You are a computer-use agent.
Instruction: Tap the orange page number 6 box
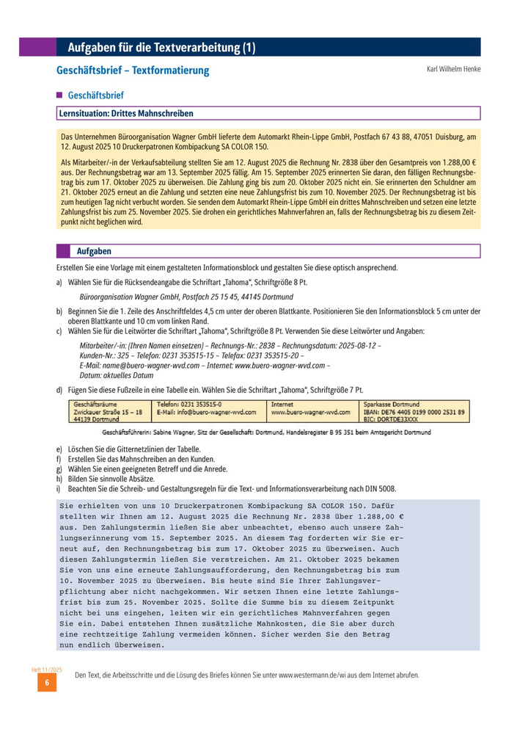click(47, 683)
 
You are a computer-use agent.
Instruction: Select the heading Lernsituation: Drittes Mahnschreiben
click(125, 113)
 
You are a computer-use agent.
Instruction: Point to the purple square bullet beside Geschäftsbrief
click(59, 95)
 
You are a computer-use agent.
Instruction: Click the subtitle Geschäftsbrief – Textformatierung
click(133, 70)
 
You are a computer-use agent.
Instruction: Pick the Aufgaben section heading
click(94, 251)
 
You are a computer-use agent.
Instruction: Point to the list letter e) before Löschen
click(59, 449)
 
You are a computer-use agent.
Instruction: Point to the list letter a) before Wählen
click(59, 280)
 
